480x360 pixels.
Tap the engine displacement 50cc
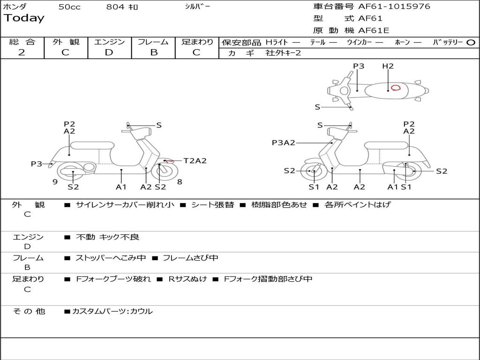[69, 7]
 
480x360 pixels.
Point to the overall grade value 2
[22, 52]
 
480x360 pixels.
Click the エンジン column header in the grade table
[109, 42]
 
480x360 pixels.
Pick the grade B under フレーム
[153, 52]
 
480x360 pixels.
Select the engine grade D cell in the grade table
[109, 52]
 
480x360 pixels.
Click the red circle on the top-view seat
[396, 87]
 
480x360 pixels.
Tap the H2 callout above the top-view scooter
[388, 66]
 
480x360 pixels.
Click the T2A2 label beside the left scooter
[195, 161]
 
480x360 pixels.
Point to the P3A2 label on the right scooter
[284, 143]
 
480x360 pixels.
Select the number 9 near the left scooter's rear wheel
[55, 182]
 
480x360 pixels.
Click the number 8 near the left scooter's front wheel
[180, 182]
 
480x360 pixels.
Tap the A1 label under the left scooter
[121, 187]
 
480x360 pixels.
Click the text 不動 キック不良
[107, 237]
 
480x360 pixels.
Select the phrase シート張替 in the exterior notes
[212, 205]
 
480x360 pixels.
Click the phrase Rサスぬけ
[187, 279]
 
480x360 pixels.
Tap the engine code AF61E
[374, 31]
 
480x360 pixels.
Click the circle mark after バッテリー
[471, 42]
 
